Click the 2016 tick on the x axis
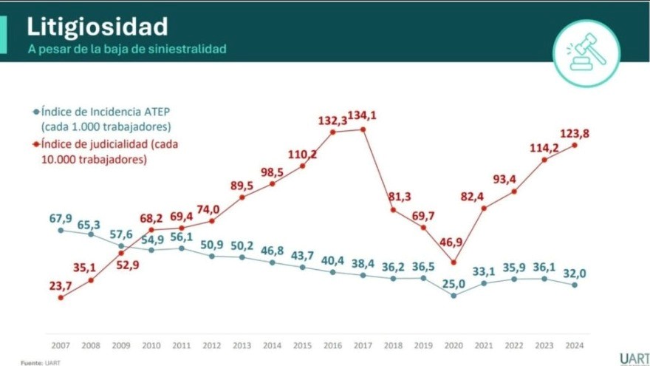332,345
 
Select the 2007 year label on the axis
60,345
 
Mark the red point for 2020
454,262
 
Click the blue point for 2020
454,295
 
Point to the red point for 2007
60,297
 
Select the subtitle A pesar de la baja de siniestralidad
127,49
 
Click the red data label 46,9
454,241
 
